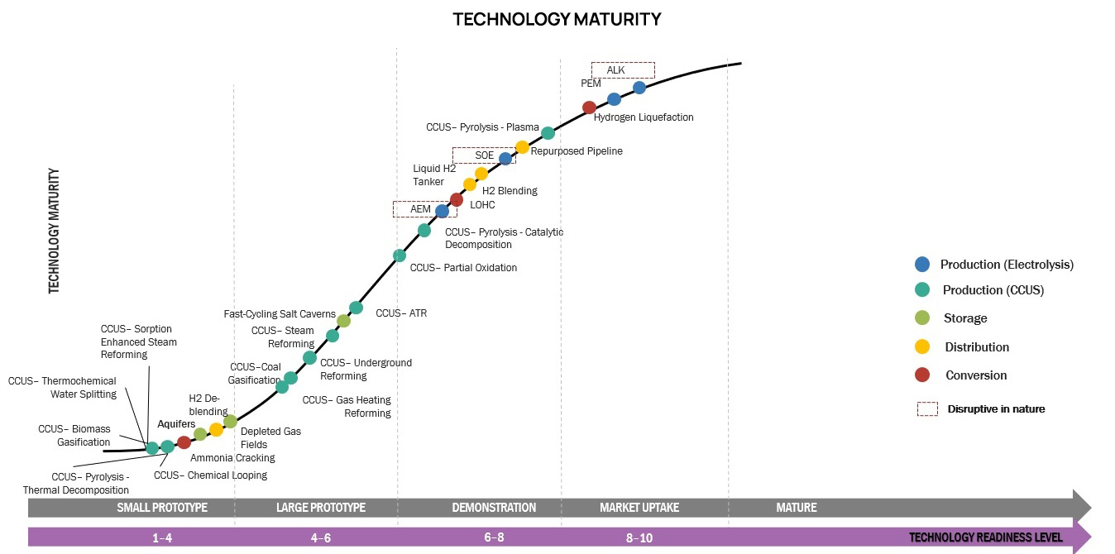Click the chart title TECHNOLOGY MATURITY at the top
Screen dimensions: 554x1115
(x=557, y=19)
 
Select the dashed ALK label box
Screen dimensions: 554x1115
(x=622, y=70)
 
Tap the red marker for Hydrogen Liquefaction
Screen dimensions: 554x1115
(x=589, y=107)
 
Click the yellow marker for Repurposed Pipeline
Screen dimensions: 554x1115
(x=522, y=147)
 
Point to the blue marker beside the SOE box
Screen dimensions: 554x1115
(x=505, y=158)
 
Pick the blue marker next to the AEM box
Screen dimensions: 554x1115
(x=442, y=211)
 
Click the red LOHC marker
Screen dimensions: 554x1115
(x=456, y=199)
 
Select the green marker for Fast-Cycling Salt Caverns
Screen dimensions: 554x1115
(x=343, y=321)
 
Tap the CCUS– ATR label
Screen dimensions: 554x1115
(x=401, y=313)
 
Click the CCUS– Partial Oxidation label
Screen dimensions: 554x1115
(x=463, y=268)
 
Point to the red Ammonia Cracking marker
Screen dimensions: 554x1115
(x=184, y=442)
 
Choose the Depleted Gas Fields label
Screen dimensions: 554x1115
(x=270, y=437)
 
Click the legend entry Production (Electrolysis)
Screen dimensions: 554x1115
(x=1006, y=265)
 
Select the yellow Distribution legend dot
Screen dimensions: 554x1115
(x=922, y=347)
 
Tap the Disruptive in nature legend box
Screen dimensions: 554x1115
(x=927, y=408)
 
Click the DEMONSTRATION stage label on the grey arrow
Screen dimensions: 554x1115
(x=494, y=507)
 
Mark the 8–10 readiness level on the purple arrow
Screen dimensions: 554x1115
(x=639, y=537)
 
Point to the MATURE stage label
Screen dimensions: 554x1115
(x=796, y=507)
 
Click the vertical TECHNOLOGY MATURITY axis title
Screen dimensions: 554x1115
(x=55, y=232)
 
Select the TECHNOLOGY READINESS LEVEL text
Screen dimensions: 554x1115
(x=985, y=537)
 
